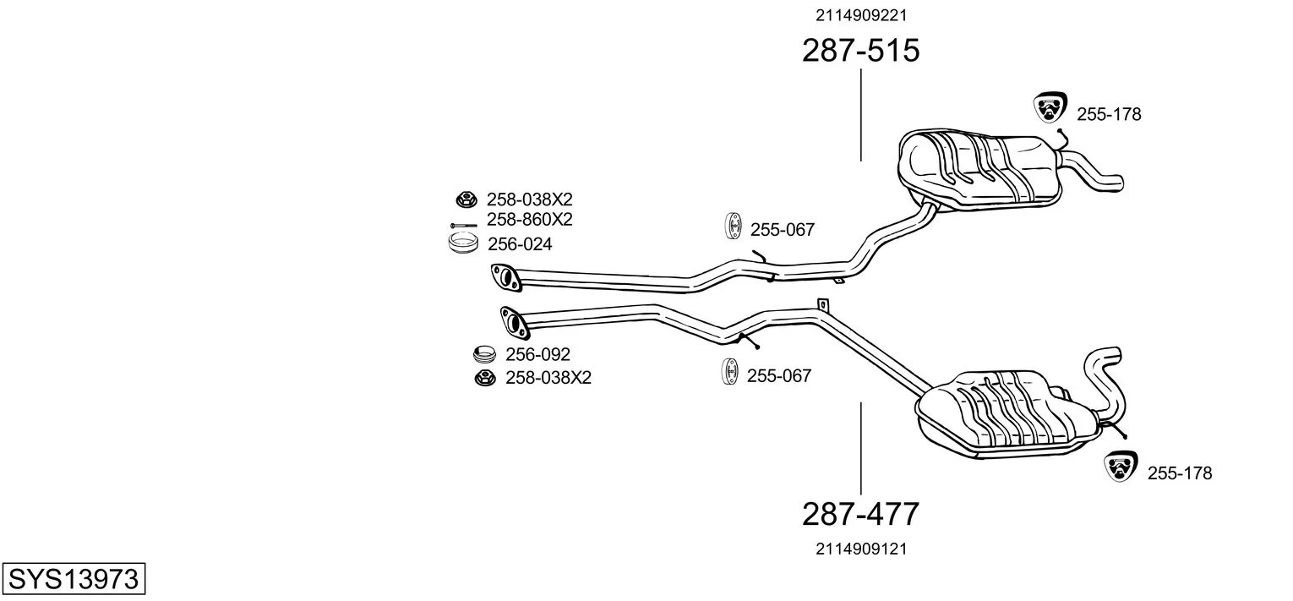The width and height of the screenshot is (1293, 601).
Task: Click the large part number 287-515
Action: [860, 51]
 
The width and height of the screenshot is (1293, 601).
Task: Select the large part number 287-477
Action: [860, 513]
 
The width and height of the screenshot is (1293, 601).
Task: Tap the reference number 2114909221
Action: [861, 14]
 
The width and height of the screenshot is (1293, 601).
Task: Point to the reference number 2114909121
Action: [861, 549]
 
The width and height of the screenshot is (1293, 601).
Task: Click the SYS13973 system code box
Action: [73, 579]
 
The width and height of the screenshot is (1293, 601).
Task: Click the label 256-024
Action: [519, 244]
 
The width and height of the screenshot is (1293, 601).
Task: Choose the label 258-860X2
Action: [529, 220]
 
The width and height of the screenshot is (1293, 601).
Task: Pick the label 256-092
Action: [537, 354]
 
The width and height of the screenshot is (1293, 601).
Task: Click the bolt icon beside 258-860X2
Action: [462, 225]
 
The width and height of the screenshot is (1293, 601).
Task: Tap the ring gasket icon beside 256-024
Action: [463, 243]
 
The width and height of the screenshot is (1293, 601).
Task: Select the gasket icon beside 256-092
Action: [483, 353]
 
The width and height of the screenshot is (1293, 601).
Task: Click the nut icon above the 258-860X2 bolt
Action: [465, 200]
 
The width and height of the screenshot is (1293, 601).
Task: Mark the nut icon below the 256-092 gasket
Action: [484, 378]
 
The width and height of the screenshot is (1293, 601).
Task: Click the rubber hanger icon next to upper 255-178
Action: [1050, 107]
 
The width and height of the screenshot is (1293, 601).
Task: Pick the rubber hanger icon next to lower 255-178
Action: [1121, 467]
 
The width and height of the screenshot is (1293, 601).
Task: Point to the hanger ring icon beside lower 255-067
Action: [728, 372]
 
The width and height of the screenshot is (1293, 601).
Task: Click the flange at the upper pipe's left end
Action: [505, 277]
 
